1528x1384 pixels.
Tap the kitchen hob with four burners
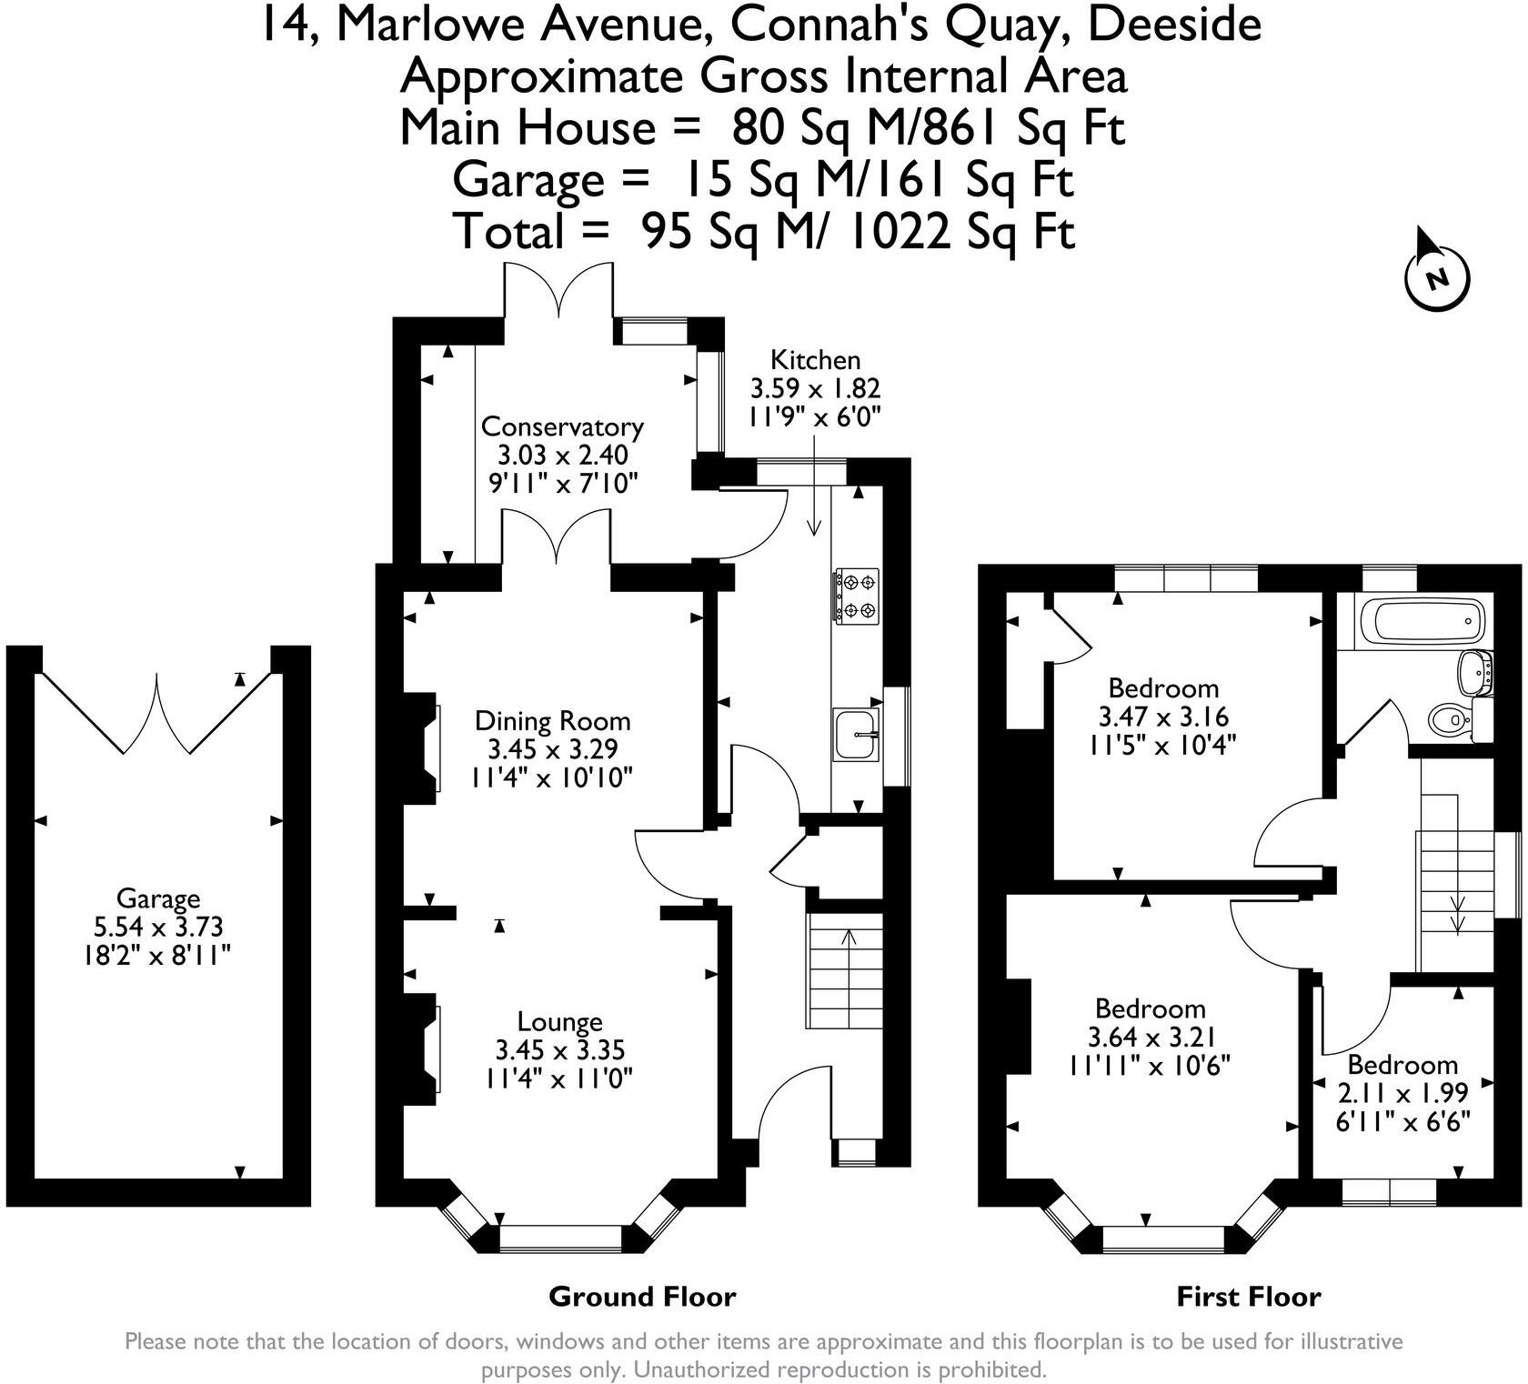coord(857,596)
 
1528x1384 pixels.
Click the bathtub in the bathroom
coord(1422,623)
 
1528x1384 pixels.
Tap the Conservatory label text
coord(562,426)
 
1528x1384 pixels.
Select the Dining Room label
coord(553,721)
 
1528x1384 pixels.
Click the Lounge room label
coord(560,1022)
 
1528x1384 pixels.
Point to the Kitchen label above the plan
coord(815,359)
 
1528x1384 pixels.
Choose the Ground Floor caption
coord(642,1296)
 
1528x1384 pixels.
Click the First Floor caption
coord(1249,1296)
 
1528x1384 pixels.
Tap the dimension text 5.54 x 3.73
coord(158,927)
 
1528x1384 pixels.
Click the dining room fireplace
coord(424,743)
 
